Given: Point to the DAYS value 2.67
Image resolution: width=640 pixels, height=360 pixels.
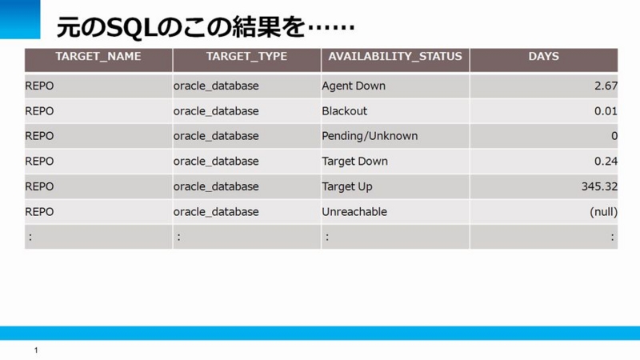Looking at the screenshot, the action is pyautogui.click(x=606, y=86).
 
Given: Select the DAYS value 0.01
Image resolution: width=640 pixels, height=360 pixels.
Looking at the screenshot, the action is pyautogui.click(x=606, y=111).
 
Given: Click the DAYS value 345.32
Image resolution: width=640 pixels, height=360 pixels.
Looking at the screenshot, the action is pyautogui.click(x=599, y=186).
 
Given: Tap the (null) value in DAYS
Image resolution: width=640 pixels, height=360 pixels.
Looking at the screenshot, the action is pyautogui.click(x=604, y=212).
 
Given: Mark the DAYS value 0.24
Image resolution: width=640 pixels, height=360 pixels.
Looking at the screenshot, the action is pyautogui.click(x=606, y=162).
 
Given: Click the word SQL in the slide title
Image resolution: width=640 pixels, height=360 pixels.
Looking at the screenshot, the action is pyautogui.click(x=131, y=27).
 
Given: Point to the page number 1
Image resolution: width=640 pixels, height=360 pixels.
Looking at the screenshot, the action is pyautogui.click(x=36, y=350).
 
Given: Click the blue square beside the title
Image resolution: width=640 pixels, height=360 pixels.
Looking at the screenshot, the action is pyautogui.click(x=20, y=19).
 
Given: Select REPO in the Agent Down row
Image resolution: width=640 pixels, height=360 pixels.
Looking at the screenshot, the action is pyautogui.click(x=39, y=86).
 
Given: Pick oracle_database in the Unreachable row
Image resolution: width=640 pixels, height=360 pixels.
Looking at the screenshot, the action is pyautogui.click(x=216, y=212).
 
